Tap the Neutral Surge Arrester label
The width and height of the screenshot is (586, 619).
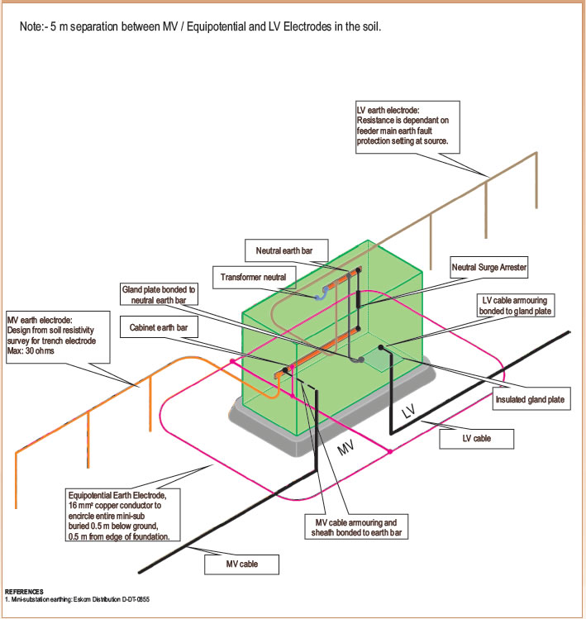(x=488, y=268)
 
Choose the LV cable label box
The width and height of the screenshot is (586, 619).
(x=476, y=438)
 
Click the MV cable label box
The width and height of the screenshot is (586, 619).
(x=242, y=564)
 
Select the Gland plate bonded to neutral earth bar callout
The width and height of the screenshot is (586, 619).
(x=159, y=295)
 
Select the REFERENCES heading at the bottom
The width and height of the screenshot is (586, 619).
(x=26, y=592)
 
